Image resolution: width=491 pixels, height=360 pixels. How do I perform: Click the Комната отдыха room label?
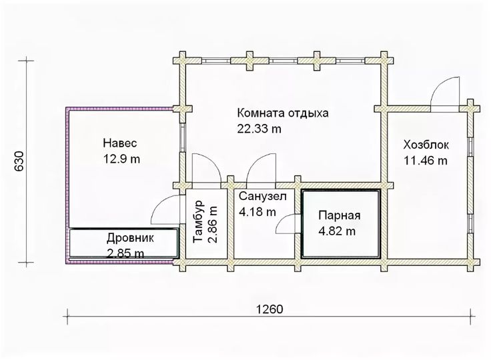[x=283, y=113]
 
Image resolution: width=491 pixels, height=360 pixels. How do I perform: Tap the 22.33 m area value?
[x=259, y=129]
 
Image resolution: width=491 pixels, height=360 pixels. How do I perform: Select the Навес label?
[x=120, y=143]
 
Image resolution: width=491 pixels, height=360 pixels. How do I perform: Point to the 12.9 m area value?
[x=121, y=159]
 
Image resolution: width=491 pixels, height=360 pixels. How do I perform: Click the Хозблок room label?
[x=426, y=145]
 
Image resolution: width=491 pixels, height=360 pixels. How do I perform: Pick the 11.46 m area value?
[x=426, y=161]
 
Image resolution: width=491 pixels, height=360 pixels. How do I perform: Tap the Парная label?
[x=340, y=216]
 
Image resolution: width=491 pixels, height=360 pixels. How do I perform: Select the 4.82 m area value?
[x=337, y=231]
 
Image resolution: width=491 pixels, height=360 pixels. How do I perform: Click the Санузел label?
[x=262, y=196]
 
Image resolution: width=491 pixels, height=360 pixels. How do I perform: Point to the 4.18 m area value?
[x=258, y=212]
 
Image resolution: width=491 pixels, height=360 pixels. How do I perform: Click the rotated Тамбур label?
[x=199, y=222]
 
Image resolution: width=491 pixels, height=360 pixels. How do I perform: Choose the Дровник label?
[x=130, y=238]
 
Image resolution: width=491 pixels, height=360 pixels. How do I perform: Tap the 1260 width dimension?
[x=270, y=309]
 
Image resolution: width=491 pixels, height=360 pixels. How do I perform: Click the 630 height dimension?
[x=19, y=161]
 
